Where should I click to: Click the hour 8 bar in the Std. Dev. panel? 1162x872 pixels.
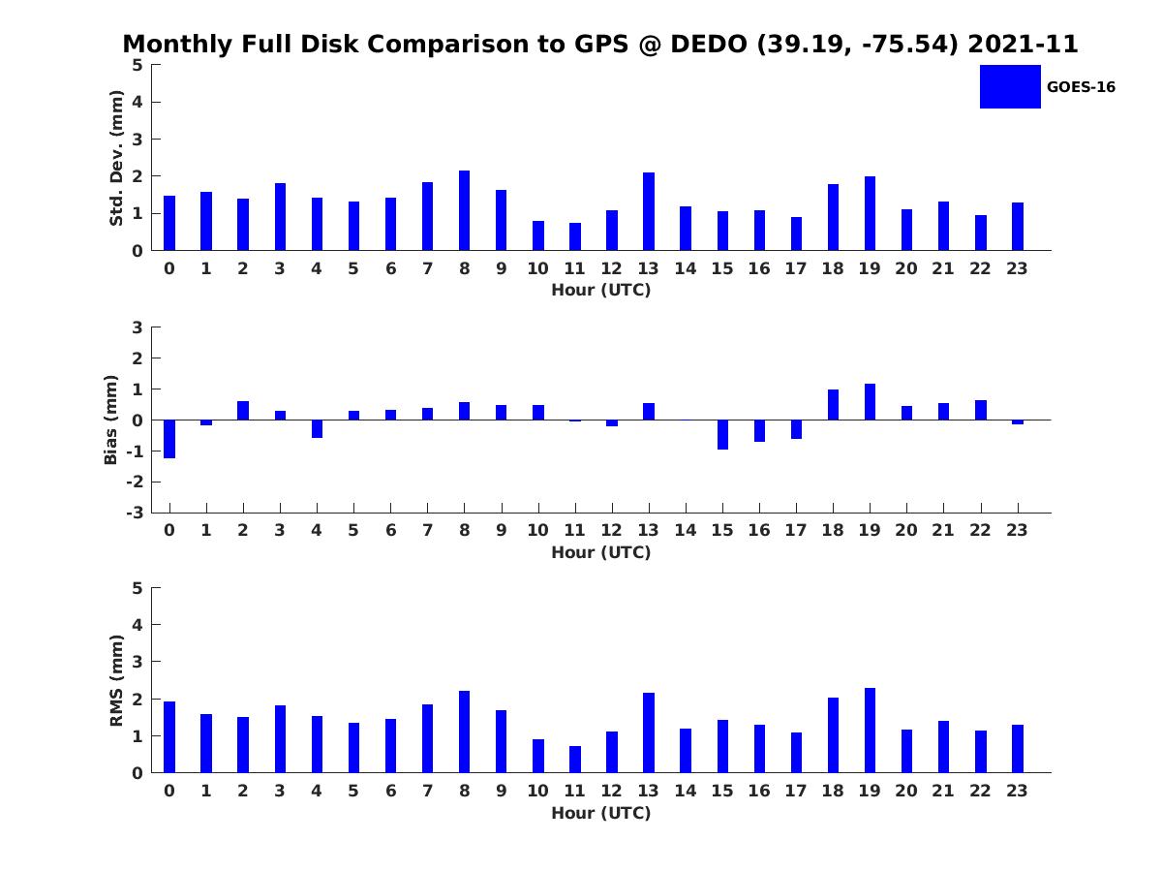[x=464, y=210]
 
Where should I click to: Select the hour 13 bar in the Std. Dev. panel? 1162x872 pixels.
[x=648, y=211]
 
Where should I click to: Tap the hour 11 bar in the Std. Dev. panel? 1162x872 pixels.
[x=574, y=236]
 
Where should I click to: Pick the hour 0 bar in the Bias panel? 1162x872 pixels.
[x=169, y=439]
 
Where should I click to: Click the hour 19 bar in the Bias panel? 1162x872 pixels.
[x=870, y=402]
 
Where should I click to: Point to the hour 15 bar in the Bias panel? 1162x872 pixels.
[x=722, y=435]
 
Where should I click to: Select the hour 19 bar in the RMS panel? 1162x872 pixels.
[x=870, y=731]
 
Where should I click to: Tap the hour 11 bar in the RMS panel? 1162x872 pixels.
[x=574, y=760]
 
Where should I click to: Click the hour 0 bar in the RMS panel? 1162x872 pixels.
[x=169, y=737]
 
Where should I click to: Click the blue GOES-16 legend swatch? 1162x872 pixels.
[x=1010, y=87]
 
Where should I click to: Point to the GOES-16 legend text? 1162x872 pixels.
[x=1081, y=87]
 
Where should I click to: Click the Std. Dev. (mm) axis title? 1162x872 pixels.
[x=116, y=158]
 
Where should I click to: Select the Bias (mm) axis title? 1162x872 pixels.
[x=110, y=420]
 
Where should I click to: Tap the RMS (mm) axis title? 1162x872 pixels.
[x=116, y=680]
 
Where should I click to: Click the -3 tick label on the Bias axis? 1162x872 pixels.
[x=135, y=513]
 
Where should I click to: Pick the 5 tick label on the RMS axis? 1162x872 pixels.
[x=138, y=588]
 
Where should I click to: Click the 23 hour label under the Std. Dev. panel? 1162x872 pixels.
[x=1017, y=269]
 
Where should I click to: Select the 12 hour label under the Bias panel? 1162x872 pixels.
[x=611, y=531]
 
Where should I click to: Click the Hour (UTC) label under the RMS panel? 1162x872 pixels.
[x=601, y=813]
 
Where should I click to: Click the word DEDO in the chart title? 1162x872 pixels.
[x=709, y=44]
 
